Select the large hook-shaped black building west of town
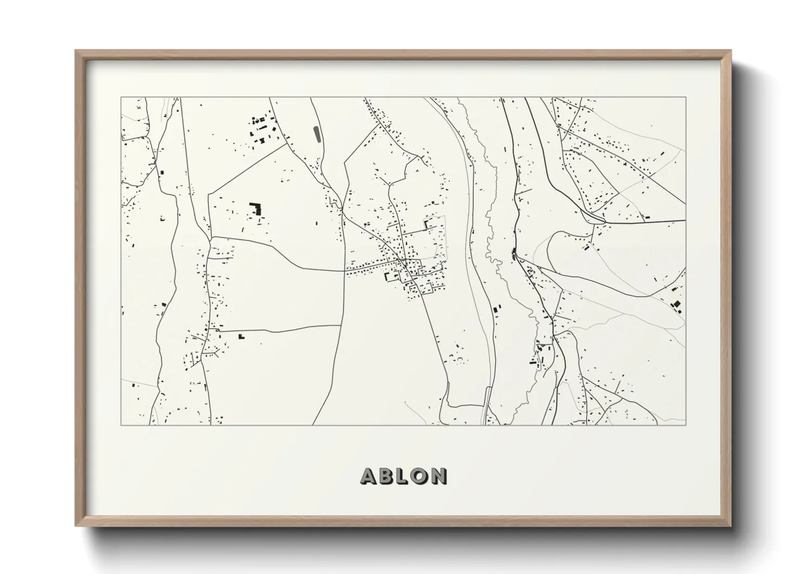click(x=254, y=208)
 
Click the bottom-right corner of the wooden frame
click(x=730, y=526)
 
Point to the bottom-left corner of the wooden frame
click(x=76, y=526)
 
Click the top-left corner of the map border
click(x=121, y=98)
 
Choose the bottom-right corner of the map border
click(x=685, y=425)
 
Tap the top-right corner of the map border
click(x=685, y=98)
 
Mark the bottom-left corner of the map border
click(x=121, y=425)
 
